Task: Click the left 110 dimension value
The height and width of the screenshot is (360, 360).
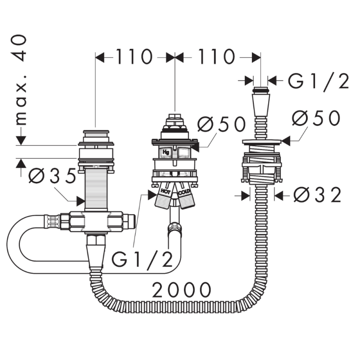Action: (x=134, y=57)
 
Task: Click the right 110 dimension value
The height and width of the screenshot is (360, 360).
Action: (x=216, y=57)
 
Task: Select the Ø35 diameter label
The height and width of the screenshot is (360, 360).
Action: (x=52, y=175)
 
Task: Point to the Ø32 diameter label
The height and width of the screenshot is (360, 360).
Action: (x=318, y=195)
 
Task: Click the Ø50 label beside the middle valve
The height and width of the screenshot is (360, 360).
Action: (x=221, y=124)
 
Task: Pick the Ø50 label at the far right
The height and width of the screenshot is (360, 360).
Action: (x=316, y=118)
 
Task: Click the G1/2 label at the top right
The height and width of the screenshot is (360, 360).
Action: (x=319, y=81)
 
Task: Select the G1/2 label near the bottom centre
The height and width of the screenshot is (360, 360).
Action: (x=142, y=260)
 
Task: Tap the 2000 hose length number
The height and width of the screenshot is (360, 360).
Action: (x=182, y=290)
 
